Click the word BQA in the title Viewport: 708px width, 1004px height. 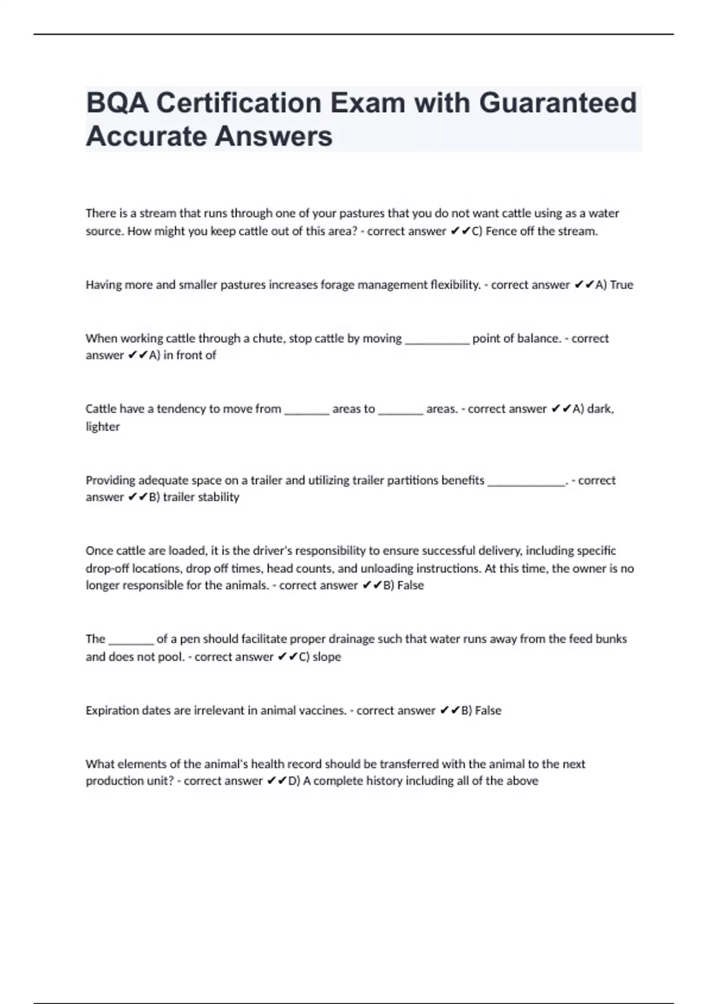(116, 103)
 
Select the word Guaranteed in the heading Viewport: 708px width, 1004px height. (558, 103)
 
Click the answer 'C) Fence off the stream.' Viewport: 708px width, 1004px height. (535, 232)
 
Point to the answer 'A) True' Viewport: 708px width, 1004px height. (614, 285)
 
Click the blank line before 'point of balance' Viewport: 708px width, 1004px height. (437, 339)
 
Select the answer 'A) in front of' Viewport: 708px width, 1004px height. (182, 355)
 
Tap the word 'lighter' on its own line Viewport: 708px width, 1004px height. (103, 426)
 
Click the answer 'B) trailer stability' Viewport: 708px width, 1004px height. (194, 497)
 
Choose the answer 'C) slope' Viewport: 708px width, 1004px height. (320, 657)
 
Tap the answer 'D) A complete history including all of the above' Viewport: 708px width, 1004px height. (413, 781)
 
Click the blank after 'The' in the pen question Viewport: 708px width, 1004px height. (131, 640)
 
